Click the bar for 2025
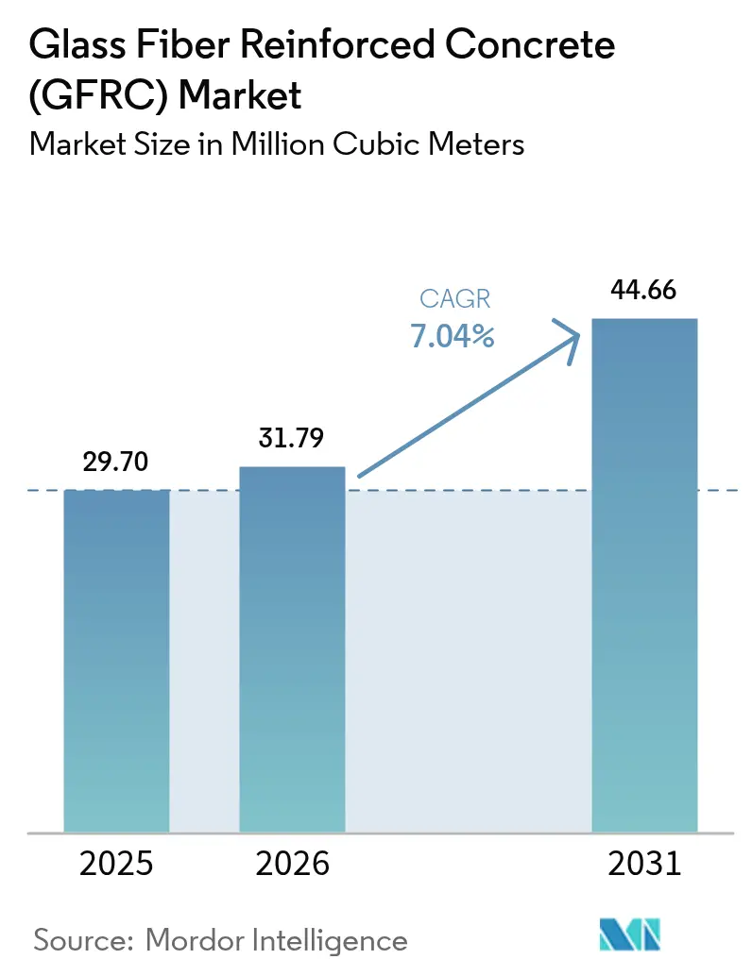[116, 661]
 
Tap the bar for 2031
[644, 576]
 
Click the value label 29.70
[116, 463]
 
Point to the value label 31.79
[292, 439]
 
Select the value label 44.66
[644, 291]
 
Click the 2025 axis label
[116, 864]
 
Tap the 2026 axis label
[292, 864]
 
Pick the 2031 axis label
[644, 864]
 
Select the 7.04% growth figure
[453, 335]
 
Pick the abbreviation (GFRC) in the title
[94, 95]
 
